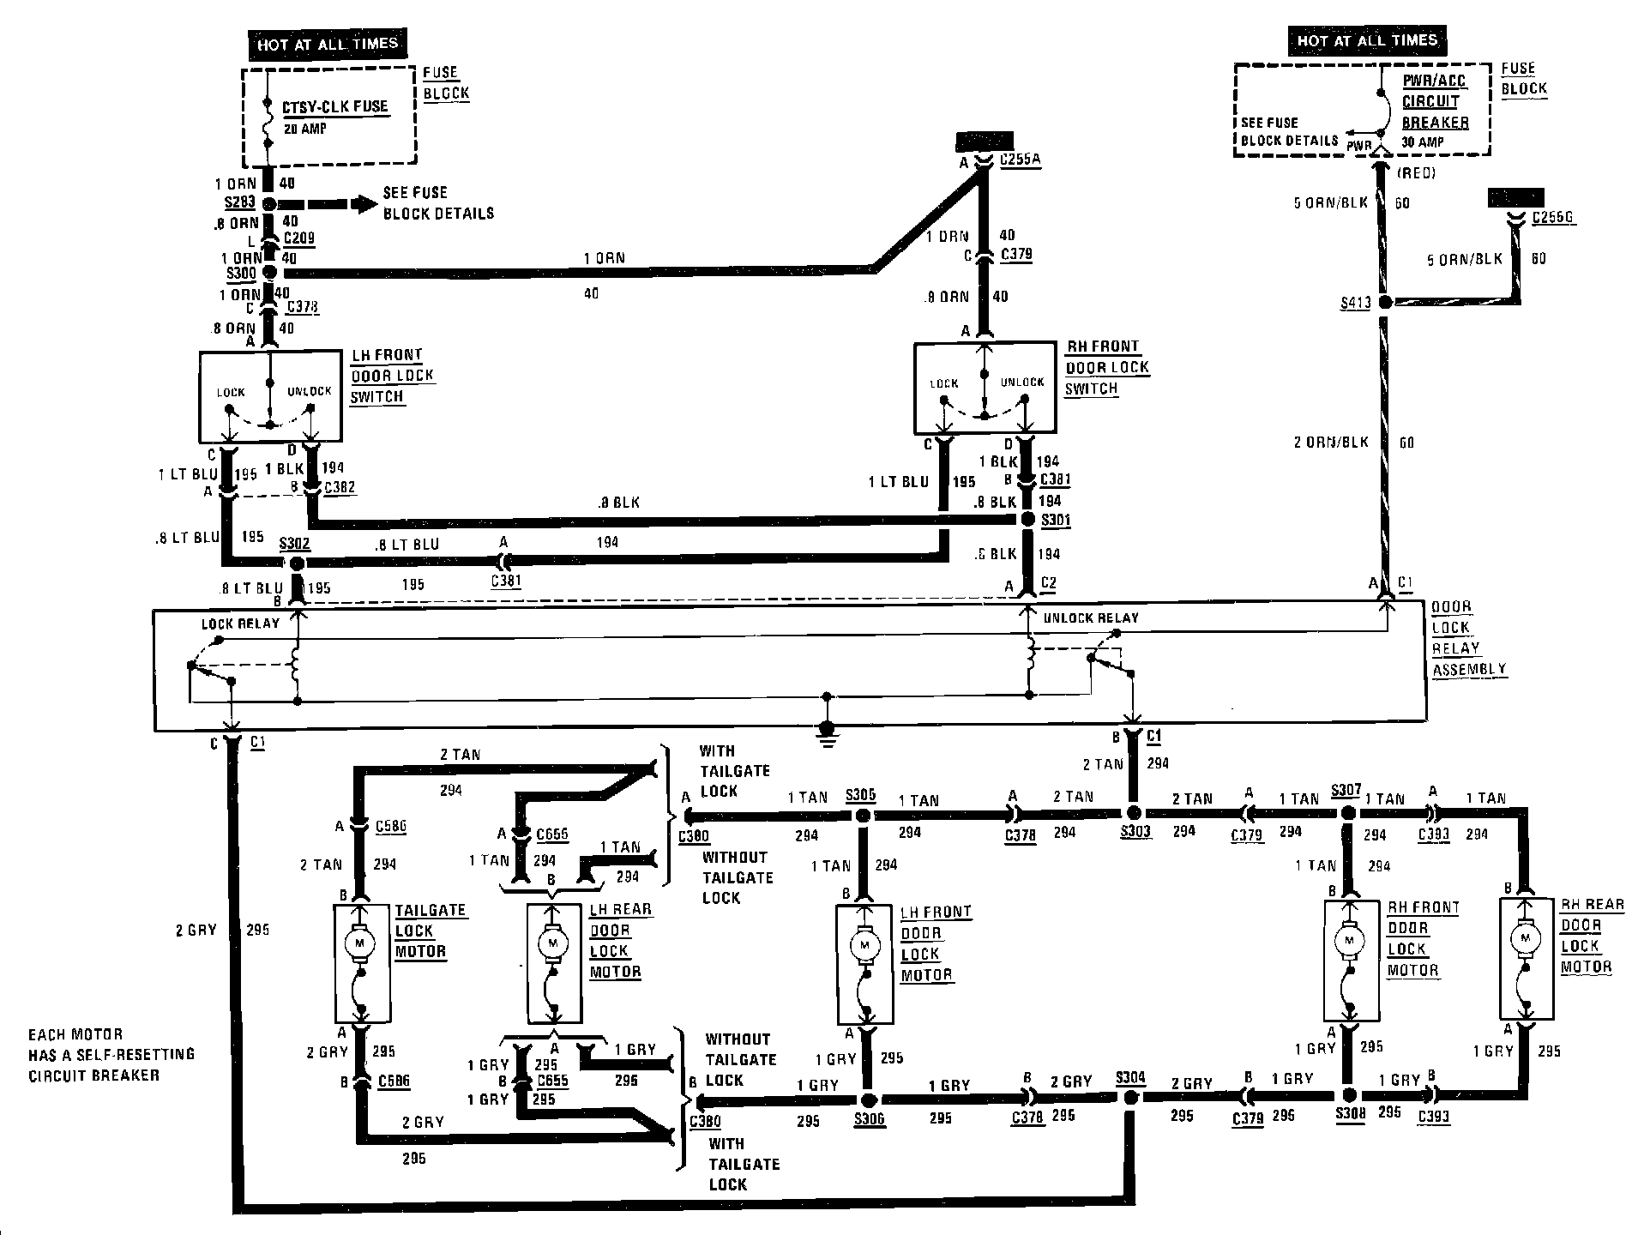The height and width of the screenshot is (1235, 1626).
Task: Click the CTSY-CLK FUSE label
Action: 335,107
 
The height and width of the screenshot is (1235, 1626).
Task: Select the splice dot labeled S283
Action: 269,204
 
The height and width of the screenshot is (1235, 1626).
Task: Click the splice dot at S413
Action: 1385,302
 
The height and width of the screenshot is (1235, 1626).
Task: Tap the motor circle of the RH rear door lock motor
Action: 1526,937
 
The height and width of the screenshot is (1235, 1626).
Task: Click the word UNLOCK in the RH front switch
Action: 1022,383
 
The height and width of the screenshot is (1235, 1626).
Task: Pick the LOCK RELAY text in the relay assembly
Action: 240,624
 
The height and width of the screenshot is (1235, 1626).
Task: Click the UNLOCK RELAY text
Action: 1091,617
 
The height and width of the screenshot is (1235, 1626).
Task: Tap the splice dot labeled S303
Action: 1133,811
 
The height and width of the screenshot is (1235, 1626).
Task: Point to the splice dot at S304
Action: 1131,1097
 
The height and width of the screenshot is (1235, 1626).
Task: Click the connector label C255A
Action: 1021,160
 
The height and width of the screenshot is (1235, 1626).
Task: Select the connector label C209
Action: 299,238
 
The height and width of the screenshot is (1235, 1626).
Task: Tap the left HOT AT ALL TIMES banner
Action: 328,44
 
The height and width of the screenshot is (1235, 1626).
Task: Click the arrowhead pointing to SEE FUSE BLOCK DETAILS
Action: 366,204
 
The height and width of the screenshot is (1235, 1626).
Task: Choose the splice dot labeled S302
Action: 297,563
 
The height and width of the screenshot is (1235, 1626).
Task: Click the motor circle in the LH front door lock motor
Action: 863,945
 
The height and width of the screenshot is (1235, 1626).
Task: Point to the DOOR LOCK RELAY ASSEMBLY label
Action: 1467,638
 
